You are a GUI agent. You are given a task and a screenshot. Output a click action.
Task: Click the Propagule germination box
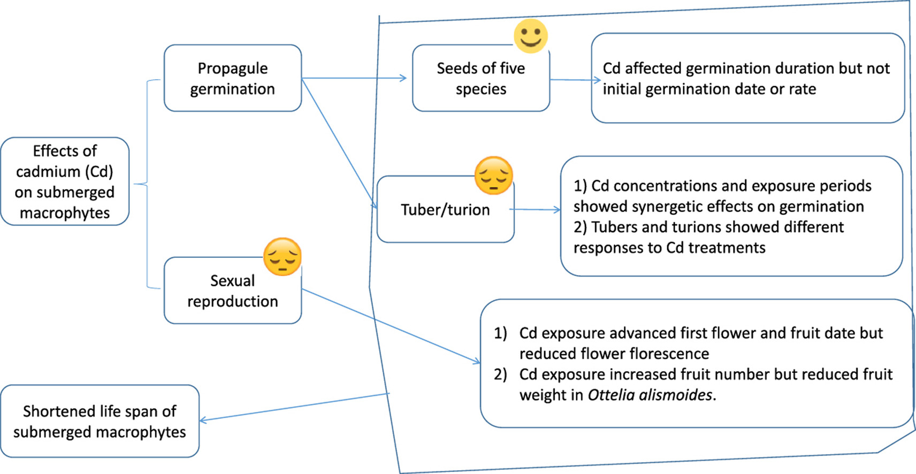pyautogui.click(x=233, y=78)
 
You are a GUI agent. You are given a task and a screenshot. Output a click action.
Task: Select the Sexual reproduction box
pyautogui.click(x=233, y=290)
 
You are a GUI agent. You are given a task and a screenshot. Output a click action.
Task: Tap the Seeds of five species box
pyautogui.click(x=480, y=78)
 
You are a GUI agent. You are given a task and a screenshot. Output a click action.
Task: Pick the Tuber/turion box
pyautogui.click(x=445, y=210)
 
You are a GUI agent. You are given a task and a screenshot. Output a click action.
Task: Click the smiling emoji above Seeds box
pyautogui.click(x=530, y=36)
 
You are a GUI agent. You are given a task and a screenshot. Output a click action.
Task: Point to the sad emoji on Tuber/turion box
pyautogui.click(x=493, y=175)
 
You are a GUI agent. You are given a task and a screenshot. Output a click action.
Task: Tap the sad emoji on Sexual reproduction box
pyautogui.click(x=283, y=257)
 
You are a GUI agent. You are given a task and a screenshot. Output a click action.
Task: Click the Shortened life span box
pyautogui.click(x=100, y=421)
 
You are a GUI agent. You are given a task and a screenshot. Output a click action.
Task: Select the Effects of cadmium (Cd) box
pyautogui.click(x=65, y=181)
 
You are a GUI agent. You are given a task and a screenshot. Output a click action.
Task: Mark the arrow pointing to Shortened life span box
pyautogui.click(x=294, y=407)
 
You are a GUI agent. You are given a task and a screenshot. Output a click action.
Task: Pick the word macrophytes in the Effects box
pyautogui.click(x=65, y=213)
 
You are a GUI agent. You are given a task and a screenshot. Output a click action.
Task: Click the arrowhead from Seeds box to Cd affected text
pyautogui.click(x=597, y=80)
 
